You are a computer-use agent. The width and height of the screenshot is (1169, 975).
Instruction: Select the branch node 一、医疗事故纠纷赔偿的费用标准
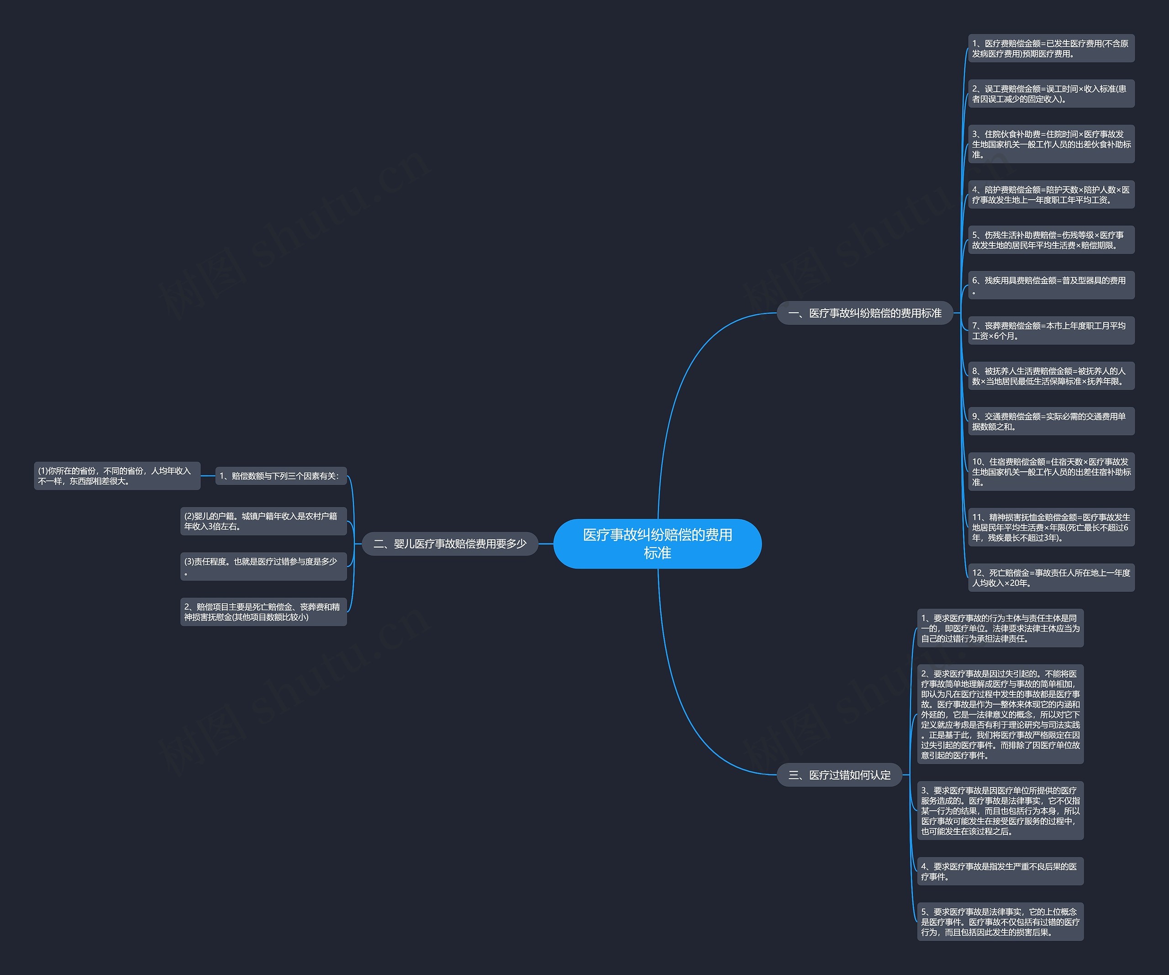pos(864,313)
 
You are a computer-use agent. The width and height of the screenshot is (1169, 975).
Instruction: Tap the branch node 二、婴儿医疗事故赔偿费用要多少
pos(450,543)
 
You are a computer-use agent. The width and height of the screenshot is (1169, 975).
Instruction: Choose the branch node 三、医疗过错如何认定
pos(839,775)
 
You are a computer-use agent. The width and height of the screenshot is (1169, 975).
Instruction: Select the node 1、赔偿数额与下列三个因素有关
pos(280,476)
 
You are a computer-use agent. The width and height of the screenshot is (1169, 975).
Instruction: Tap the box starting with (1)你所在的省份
pos(117,476)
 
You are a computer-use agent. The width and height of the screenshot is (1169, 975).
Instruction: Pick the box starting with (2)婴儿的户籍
pos(263,521)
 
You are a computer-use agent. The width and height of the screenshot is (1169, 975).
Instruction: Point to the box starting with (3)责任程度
pos(263,566)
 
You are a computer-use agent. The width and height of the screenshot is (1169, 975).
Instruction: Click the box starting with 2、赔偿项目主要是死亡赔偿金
pos(263,612)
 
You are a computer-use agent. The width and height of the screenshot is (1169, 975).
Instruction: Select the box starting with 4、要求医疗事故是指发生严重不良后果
pos(1000,871)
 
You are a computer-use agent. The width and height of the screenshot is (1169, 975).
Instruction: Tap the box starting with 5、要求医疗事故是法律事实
pos(1000,922)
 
